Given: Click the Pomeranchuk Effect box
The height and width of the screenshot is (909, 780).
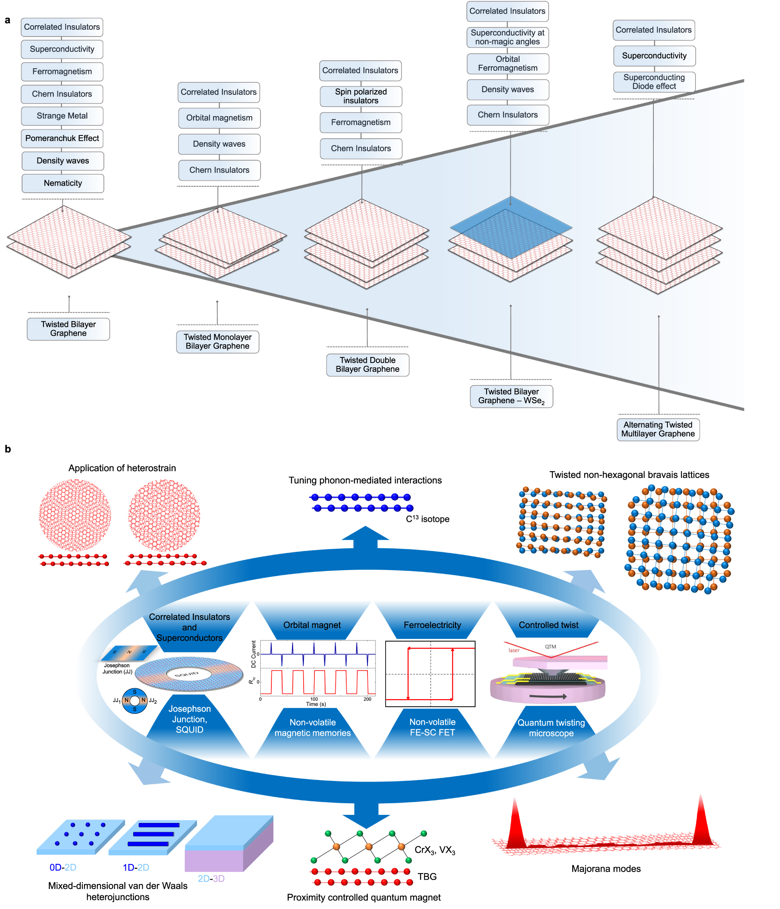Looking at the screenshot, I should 62,138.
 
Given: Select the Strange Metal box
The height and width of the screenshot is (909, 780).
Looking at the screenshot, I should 62,116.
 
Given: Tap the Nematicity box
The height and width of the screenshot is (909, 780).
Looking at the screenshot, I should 63,183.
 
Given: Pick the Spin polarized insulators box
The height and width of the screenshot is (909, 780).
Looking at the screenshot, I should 361,96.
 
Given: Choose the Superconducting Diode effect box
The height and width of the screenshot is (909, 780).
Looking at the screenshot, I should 654,82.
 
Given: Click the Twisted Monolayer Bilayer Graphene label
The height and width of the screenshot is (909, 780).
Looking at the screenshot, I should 217,341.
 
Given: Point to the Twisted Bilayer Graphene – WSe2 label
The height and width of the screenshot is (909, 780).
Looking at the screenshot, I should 511,396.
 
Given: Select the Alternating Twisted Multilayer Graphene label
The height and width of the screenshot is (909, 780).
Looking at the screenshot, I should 658,429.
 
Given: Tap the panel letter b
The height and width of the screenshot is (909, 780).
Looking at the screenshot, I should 8,449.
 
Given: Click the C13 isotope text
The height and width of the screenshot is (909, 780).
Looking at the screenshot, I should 427,519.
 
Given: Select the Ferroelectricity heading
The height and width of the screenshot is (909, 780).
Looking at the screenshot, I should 432,625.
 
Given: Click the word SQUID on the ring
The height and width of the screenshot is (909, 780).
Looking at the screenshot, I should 187,674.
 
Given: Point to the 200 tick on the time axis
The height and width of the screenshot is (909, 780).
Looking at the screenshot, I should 367,699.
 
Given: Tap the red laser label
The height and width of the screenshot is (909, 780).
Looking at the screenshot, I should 514,650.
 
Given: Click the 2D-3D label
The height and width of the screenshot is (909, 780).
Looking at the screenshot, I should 211,878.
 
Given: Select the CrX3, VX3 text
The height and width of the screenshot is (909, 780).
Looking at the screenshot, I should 435,850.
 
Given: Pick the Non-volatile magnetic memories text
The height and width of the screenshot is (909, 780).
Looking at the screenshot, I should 312,727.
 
